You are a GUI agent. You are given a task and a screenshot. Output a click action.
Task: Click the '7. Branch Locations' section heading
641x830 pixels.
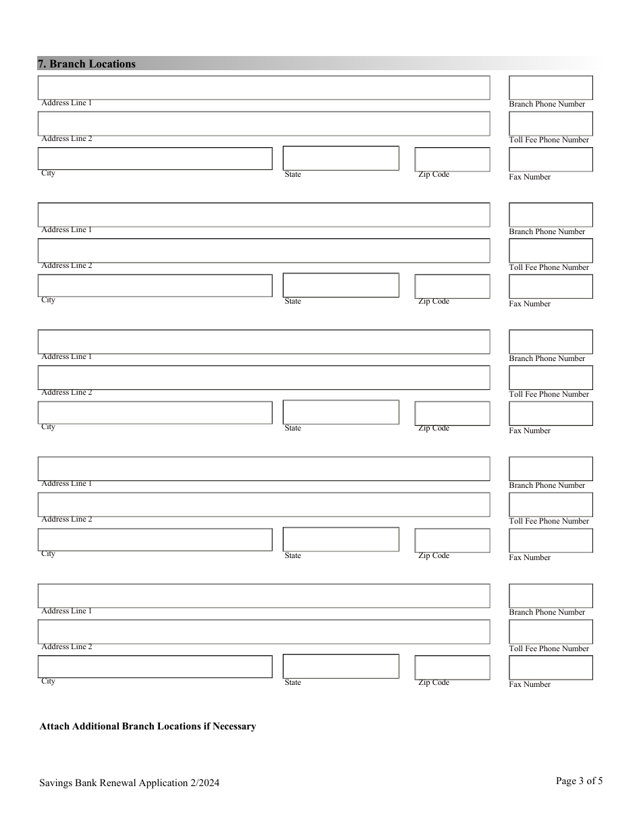tap(86, 64)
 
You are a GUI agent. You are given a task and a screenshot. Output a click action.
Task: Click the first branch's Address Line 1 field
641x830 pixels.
tap(263, 88)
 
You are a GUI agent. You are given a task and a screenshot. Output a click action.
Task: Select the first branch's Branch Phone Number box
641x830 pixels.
tap(550, 88)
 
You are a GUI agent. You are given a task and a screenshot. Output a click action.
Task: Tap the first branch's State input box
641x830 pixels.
tap(341, 159)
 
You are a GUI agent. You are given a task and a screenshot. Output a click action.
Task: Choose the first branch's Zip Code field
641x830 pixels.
tap(452, 159)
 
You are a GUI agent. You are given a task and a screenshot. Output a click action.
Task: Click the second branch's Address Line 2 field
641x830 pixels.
tap(263, 250)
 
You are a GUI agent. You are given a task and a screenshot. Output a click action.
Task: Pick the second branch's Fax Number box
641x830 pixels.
tap(550, 286)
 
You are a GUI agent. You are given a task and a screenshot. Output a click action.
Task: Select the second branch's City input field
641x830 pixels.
tap(155, 285)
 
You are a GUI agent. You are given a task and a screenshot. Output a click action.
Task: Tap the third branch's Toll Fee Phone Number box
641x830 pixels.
tap(550, 377)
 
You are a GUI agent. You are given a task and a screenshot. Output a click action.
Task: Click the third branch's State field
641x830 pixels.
tap(341, 412)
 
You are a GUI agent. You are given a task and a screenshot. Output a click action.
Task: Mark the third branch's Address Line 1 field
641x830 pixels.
tap(263, 341)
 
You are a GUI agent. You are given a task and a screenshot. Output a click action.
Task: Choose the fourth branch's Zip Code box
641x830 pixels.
tap(452, 541)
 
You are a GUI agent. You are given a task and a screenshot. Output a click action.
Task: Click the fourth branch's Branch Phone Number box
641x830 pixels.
tap(550, 468)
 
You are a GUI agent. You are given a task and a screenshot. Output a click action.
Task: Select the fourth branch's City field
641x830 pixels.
tap(155, 540)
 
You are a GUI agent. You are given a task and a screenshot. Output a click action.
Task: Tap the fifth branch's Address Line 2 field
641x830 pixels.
tap(263, 632)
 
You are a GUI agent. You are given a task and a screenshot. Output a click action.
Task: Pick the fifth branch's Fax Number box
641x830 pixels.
tap(550, 667)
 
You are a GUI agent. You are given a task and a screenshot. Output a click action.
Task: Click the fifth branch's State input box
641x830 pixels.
tap(341, 667)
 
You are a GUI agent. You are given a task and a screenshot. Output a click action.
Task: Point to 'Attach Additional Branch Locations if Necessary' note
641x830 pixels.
tap(148, 727)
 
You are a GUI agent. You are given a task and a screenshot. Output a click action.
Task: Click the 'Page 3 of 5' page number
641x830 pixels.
tap(579, 781)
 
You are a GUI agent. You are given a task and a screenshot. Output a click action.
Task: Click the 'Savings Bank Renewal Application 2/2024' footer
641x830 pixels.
tap(129, 783)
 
